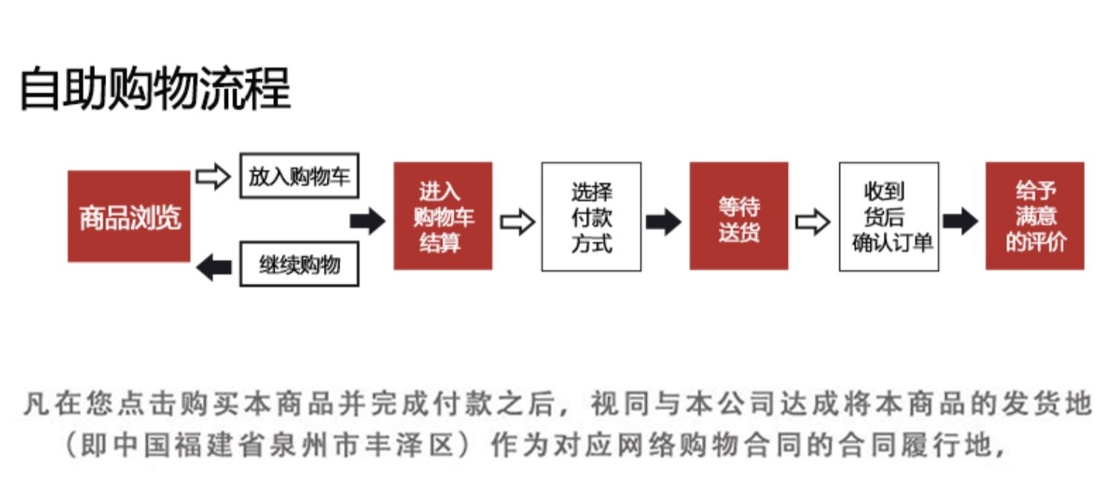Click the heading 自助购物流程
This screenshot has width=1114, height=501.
tap(155, 88)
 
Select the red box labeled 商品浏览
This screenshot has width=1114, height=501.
tap(129, 216)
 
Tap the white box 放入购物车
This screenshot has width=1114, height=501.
tap(299, 176)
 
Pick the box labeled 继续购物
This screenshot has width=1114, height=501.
tap(299, 264)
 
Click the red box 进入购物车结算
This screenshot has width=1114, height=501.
tap(443, 216)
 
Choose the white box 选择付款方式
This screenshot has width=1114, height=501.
tap(591, 217)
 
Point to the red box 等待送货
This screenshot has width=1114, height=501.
tap(739, 216)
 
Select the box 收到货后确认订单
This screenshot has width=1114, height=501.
tap(889, 217)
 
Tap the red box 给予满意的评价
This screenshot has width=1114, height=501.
tap(1035, 216)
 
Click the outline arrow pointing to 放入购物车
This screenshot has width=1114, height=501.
tap(213, 177)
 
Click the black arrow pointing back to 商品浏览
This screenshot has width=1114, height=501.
tap(214, 267)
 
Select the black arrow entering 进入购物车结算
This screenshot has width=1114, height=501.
tap(368, 221)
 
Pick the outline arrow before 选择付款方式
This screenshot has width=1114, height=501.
tap(518, 222)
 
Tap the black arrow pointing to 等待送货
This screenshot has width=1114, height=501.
tap(663, 222)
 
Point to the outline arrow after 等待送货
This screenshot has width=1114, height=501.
tap(812, 222)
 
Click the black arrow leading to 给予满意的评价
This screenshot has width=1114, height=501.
tap(961, 221)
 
